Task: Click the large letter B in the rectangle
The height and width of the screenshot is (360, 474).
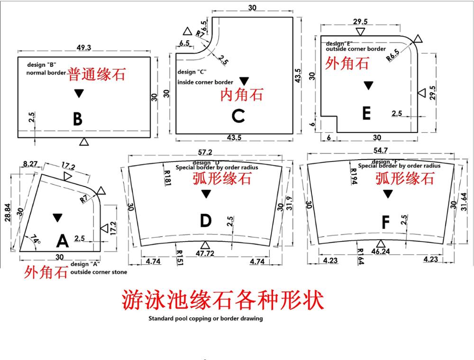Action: (x=78, y=119)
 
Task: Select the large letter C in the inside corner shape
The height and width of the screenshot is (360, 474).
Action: (x=238, y=116)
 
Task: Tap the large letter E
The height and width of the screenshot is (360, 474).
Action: (x=366, y=114)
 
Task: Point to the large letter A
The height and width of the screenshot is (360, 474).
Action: (x=63, y=241)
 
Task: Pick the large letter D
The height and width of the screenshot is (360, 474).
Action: (x=206, y=220)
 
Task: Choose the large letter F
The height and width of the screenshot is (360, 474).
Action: (x=386, y=223)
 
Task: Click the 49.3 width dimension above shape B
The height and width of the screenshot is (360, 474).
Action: (x=84, y=48)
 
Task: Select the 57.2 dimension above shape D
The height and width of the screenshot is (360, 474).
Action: (x=205, y=152)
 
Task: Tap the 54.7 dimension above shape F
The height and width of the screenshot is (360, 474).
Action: (x=380, y=150)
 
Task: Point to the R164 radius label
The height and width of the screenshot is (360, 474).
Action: (x=360, y=256)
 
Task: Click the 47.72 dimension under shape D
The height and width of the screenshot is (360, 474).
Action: (x=205, y=253)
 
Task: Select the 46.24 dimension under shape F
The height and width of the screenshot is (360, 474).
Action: (x=381, y=251)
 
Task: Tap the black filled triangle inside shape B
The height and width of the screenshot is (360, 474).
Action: (x=79, y=93)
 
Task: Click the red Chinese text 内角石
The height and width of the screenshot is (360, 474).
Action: (x=242, y=95)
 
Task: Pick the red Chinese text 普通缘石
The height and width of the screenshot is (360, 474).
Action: (x=96, y=74)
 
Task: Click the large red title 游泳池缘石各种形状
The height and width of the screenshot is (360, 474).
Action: (x=223, y=300)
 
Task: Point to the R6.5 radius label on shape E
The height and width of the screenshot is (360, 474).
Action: (x=393, y=55)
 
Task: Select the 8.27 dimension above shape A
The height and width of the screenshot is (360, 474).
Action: (x=30, y=164)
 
